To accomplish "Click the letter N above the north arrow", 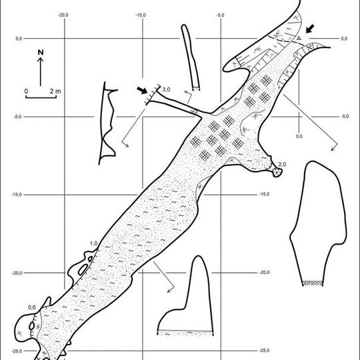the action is [x=41, y=53].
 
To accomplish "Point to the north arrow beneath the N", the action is [x=41, y=71].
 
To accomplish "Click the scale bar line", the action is [x=41, y=97].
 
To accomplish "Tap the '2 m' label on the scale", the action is [x=55, y=91].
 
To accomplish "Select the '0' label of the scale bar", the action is [x=26, y=91].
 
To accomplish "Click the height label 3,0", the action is [x=166, y=89].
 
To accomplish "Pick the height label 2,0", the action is [x=282, y=164].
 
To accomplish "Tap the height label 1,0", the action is [x=93, y=243].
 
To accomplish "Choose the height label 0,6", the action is [x=32, y=307].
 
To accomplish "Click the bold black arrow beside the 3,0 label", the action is [x=142, y=90].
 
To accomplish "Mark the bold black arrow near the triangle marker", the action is [x=310, y=29].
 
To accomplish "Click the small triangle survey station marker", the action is [x=299, y=38].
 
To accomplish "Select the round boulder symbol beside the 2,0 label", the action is [x=277, y=172].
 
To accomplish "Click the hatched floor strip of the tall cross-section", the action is [x=313, y=283].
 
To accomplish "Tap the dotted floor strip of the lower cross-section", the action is [x=185, y=333].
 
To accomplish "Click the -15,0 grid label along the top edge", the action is [x=141, y=15].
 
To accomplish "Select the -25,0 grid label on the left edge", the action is [x=17, y=351].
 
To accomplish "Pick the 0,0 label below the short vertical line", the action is [x=299, y=137].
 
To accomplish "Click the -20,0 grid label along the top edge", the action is [x=63, y=15].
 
